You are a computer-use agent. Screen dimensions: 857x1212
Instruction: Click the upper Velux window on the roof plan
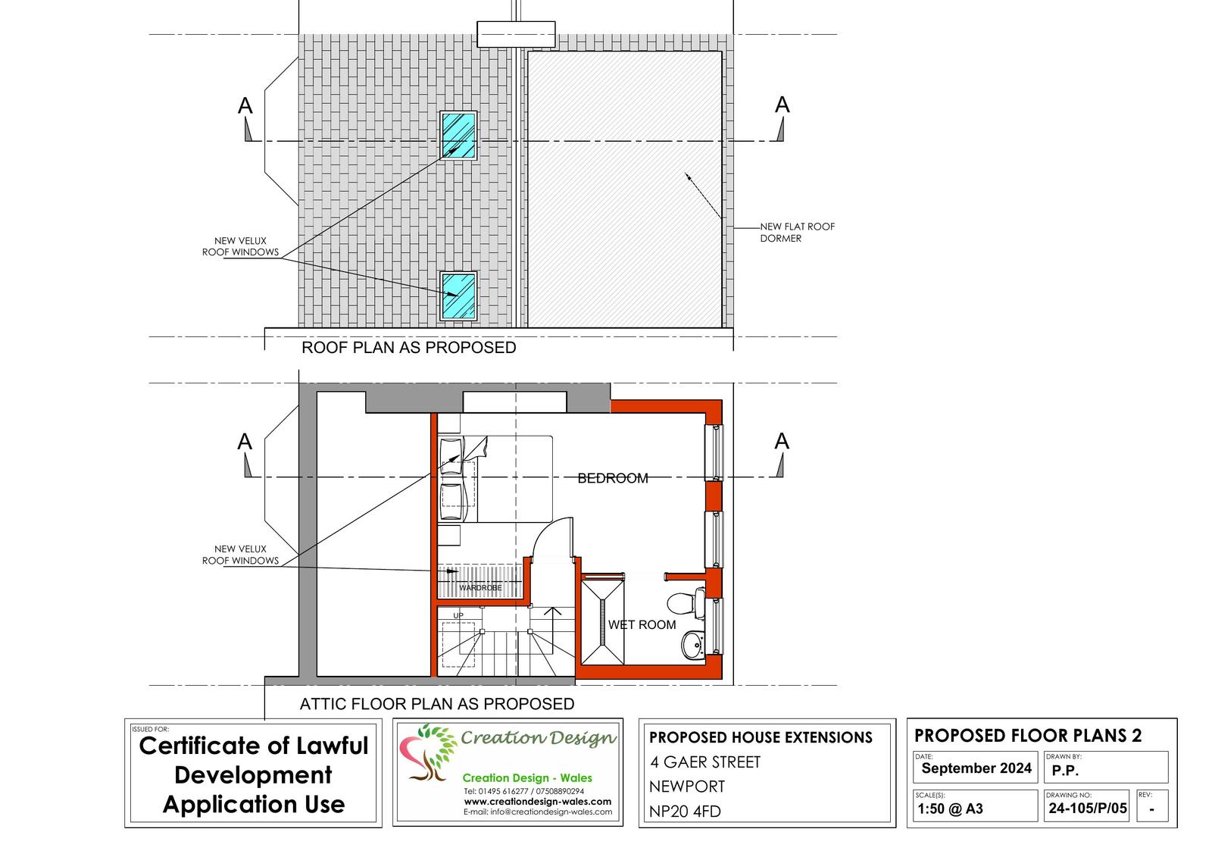click(458, 135)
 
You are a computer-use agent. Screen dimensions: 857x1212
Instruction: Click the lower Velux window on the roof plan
click(459, 296)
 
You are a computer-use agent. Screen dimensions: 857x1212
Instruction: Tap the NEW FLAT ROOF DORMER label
click(797, 232)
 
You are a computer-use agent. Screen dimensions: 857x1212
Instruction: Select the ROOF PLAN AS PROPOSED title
click(408, 348)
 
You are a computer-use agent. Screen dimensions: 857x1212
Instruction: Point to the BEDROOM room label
click(613, 478)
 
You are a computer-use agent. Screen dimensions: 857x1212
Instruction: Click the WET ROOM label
click(642, 624)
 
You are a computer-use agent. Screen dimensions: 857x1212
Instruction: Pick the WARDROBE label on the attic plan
click(480, 587)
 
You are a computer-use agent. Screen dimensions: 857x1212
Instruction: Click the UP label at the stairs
click(458, 615)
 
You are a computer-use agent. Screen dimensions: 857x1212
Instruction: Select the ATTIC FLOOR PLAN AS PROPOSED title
click(437, 704)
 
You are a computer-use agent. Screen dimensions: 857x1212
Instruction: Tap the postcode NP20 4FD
click(685, 812)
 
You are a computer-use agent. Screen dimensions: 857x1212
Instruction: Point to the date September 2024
click(976, 768)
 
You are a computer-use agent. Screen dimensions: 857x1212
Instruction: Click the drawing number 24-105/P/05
click(1088, 809)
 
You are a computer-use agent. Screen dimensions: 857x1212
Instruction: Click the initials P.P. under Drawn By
click(1065, 771)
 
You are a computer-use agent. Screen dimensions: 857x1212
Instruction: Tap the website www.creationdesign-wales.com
click(537, 801)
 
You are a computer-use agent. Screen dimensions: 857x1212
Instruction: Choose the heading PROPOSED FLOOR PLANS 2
click(1028, 735)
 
